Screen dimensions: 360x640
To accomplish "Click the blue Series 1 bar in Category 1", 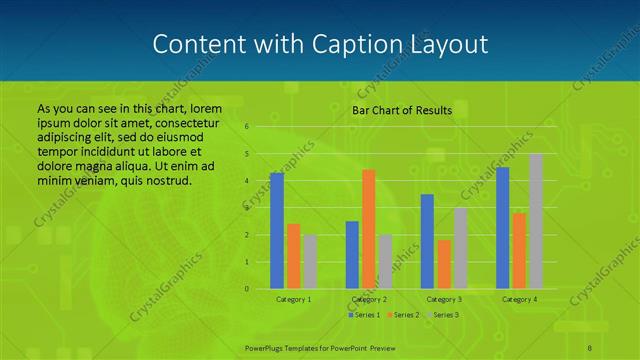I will click(x=277, y=231).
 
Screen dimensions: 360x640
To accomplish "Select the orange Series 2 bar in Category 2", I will click(x=368, y=229).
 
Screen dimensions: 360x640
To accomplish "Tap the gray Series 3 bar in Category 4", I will click(x=536, y=221).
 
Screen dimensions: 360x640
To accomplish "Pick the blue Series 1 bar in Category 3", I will click(x=427, y=241).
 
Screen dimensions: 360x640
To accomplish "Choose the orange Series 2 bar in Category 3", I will click(x=443, y=264).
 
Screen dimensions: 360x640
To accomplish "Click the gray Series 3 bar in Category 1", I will click(x=310, y=262).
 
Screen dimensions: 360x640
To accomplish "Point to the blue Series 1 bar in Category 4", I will click(x=502, y=228).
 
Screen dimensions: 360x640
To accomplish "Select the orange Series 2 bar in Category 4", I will click(x=519, y=251).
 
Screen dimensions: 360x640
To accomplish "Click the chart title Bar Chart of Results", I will click(x=402, y=110).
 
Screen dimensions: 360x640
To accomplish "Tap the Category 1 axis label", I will click(x=293, y=299).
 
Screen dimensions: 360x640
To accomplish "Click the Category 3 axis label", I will click(x=444, y=299).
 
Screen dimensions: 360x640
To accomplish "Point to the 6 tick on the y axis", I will click(x=246, y=127).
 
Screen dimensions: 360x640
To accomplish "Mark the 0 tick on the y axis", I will click(x=246, y=289).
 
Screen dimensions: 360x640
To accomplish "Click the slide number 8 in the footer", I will click(x=590, y=346).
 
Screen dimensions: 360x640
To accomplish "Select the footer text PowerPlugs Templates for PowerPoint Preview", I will click(x=319, y=346).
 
